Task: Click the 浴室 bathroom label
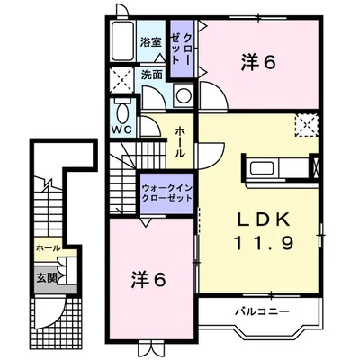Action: click(150, 43)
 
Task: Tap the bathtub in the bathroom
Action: click(122, 41)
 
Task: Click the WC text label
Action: click(122, 130)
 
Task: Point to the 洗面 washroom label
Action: click(152, 75)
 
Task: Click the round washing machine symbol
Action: click(184, 96)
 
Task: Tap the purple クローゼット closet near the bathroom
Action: click(182, 49)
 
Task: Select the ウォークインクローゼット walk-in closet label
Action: click(167, 193)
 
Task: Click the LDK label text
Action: click(265, 219)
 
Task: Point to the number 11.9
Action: click(264, 243)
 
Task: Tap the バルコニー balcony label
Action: click(262, 311)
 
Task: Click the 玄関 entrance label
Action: click(47, 278)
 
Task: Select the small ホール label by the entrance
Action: click(48, 247)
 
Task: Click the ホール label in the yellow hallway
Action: click(179, 142)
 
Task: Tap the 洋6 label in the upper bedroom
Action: click(258, 62)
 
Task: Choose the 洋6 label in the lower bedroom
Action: click(148, 280)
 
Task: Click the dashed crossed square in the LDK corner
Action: click(306, 126)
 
